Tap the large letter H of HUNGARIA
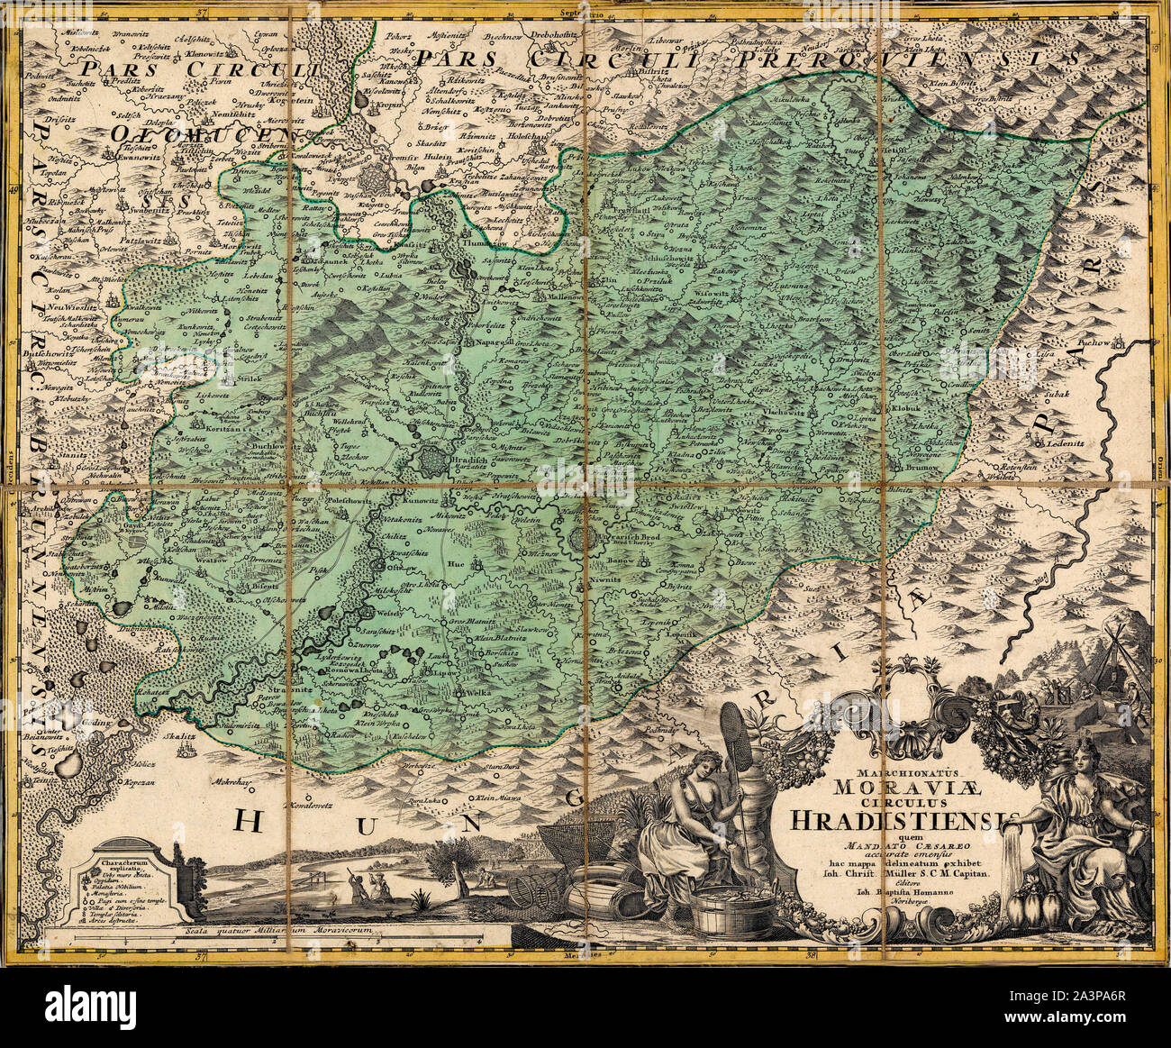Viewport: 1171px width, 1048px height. [253, 822]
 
